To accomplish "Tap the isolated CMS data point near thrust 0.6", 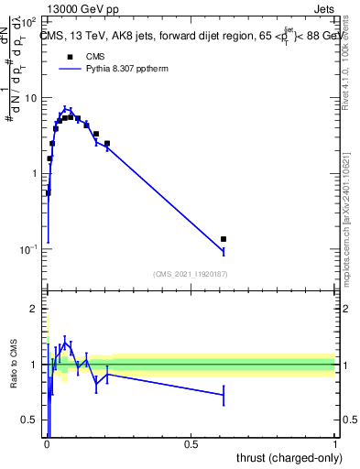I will click(224, 239).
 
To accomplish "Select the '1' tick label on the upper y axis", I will click(35, 173).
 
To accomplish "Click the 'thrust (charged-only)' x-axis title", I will click(286, 459).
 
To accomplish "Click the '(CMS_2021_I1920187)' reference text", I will click(190, 274).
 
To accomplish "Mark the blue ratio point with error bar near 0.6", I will click(224, 395).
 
